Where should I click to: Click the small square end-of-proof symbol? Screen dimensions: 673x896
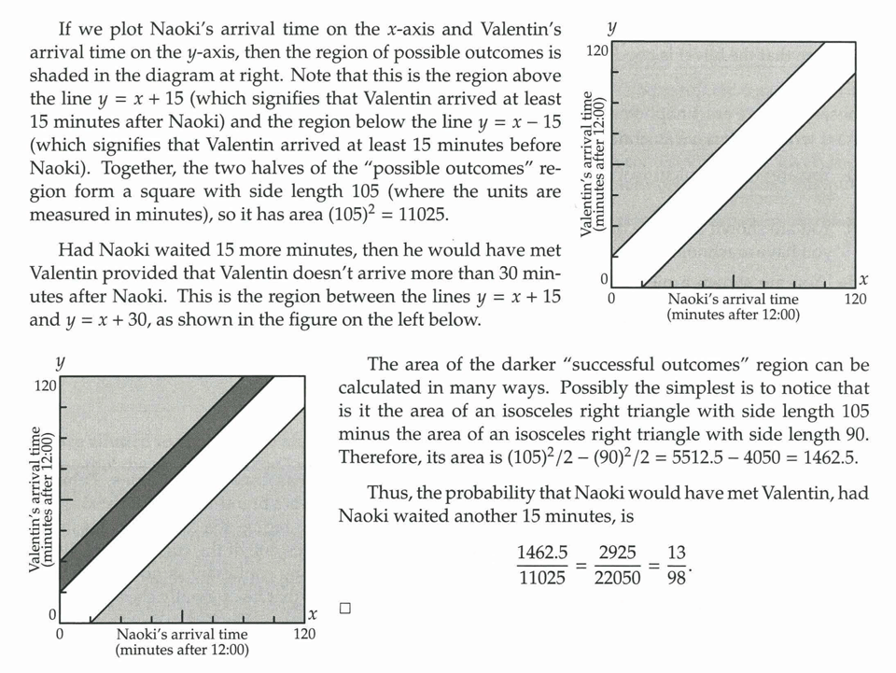(x=344, y=609)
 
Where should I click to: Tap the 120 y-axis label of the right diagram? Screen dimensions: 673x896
(x=596, y=49)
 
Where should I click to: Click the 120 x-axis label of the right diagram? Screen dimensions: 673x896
(x=854, y=299)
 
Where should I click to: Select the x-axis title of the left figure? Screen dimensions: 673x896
(x=182, y=642)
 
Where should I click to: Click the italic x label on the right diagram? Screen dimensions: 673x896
(x=863, y=278)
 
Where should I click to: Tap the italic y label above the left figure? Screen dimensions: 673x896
(x=60, y=362)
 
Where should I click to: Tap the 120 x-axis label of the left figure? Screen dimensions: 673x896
(x=304, y=634)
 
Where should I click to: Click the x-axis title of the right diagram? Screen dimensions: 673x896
(x=733, y=307)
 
